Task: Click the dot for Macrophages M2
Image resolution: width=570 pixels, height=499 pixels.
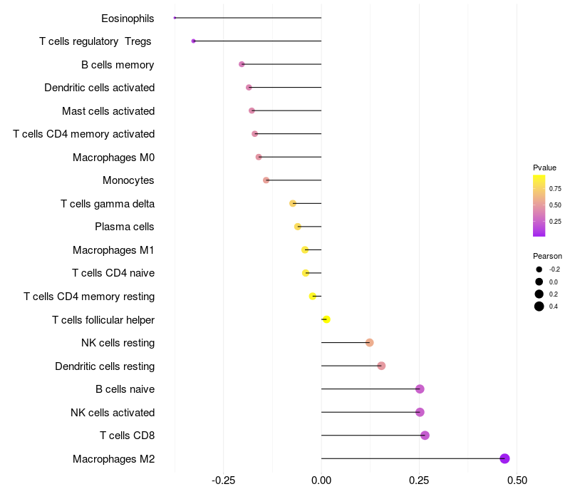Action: tap(504, 458)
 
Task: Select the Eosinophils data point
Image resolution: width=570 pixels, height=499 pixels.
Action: tap(175, 18)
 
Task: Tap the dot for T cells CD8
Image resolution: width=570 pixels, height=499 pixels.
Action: tap(425, 436)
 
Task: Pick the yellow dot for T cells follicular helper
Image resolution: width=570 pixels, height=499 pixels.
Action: tap(326, 319)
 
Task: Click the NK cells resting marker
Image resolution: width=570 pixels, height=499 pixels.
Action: tap(369, 343)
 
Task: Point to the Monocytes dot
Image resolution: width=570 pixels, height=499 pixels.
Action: tap(266, 180)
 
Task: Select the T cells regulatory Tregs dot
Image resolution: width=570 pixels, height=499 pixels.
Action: tap(193, 41)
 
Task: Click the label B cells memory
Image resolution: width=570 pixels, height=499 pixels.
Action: tap(118, 65)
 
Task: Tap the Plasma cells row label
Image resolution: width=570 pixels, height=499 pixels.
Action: tap(124, 227)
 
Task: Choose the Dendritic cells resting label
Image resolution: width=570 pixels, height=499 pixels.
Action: tap(105, 366)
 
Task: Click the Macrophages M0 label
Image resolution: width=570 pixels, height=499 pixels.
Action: tap(113, 157)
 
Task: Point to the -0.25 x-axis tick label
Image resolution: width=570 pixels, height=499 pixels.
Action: tap(223, 480)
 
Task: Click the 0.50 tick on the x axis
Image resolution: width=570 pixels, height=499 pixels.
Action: tap(517, 480)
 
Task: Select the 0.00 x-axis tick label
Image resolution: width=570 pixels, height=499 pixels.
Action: tap(321, 480)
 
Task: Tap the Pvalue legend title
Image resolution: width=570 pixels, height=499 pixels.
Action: tap(544, 168)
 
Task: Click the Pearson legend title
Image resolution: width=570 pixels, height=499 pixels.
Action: tap(547, 256)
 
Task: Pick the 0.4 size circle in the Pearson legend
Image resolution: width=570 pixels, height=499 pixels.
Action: tap(539, 307)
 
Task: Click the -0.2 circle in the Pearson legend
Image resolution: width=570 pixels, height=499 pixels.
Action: tap(539, 269)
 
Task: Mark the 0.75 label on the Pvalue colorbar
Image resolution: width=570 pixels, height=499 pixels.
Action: tap(555, 188)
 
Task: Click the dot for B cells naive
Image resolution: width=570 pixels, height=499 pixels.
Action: tap(420, 389)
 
